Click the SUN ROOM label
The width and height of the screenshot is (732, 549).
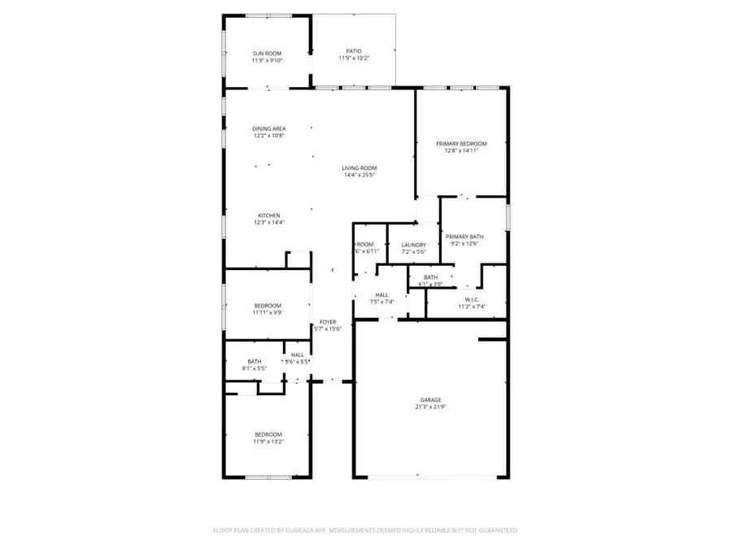pyautogui.click(x=267, y=54)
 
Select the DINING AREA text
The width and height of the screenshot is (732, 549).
pyautogui.click(x=268, y=129)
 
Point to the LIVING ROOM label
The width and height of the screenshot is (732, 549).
pyautogui.click(x=359, y=168)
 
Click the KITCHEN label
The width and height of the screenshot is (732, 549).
pyautogui.click(x=269, y=216)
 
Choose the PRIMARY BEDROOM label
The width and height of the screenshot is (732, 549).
pyautogui.click(x=461, y=143)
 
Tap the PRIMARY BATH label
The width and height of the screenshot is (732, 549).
pyautogui.click(x=464, y=237)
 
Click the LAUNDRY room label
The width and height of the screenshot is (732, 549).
pyautogui.click(x=414, y=245)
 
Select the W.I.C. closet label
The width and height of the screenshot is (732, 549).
pyautogui.click(x=467, y=298)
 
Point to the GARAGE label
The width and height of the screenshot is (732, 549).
pyautogui.click(x=430, y=399)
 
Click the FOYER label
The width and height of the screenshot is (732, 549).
pyautogui.click(x=328, y=322)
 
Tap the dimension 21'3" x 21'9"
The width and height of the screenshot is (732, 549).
pyautogui.click(x=430, y=407)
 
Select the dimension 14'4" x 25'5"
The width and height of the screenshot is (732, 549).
pyautogui.click(x=359, y=176)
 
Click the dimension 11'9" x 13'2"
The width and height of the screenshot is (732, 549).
pyautogui.click(x=268, y=442)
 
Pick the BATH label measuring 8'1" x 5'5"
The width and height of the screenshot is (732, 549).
pyautogui.click(x=255, y=361)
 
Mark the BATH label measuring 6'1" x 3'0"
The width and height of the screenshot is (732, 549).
pyautogui.click(x=430, y=277)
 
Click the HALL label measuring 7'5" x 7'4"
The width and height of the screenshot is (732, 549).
pyautogui.click(x=381, y=294)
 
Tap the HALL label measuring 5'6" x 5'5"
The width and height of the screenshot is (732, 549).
pyautogui.click(x=297, y=355)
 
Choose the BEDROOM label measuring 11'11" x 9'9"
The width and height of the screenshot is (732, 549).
pyautogui.click(x=268, y=306)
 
